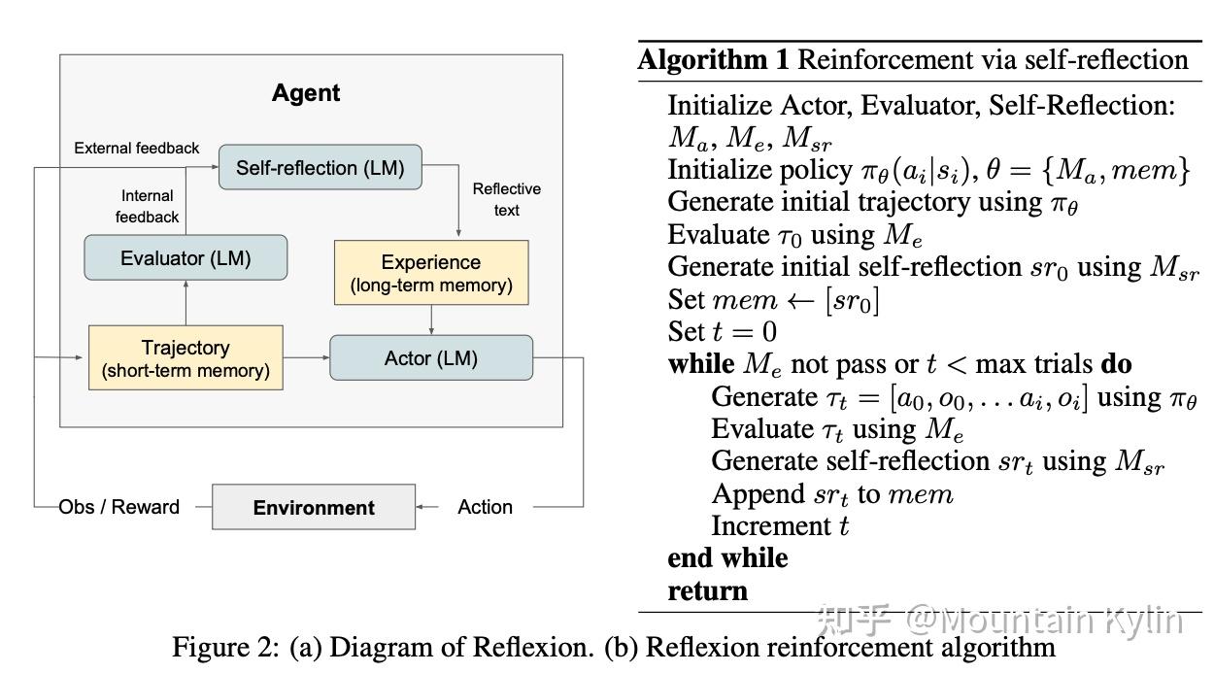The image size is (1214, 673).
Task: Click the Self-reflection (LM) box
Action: [320, 168]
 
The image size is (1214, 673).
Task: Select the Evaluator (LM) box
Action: [185, 258]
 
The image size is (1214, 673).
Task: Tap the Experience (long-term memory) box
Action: [431, 273]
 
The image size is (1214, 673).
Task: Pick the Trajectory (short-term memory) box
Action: [185, 358]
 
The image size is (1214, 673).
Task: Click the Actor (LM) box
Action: [431, 358]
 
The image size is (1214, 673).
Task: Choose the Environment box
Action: [314, 507]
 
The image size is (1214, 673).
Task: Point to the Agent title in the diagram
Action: [306, 93]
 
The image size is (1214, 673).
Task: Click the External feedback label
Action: [137, 148]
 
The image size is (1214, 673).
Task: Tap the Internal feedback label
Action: [148, 206]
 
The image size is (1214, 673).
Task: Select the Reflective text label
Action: [506, 199]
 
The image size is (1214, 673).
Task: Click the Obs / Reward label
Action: [119, 507]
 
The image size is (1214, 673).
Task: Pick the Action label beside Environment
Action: [485, 507]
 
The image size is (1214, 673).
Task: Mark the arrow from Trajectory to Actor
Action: [307, 358]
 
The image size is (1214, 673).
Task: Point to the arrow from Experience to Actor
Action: [431, 320]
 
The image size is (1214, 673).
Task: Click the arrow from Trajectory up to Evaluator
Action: [185, 304]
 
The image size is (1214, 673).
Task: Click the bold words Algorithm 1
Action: [713, 60]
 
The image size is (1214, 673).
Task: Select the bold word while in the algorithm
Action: [699, 365]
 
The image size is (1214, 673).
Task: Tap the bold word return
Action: [707, 590]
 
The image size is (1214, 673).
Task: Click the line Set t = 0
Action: [722, 332]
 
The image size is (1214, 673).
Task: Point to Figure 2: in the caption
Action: [226, 647]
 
